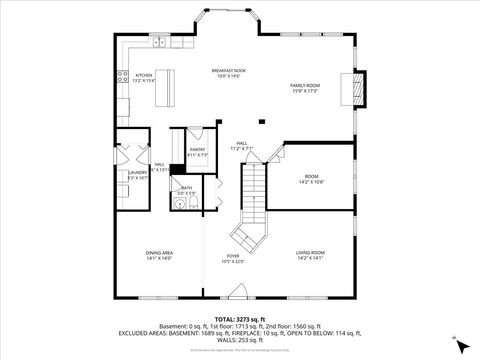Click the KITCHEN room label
[x=144, y=77]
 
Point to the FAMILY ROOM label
[x=304, y=89]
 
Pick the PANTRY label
[x=197, y=152]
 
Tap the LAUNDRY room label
[x=137, y=175]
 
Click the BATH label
[x=186, y=188]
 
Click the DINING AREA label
[x=160, y=255]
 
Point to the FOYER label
[x=232, y=258]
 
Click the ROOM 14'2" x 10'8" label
[x=311, y=179]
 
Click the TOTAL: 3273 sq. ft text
[x=239, y=318]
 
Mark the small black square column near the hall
[x=261, y=122]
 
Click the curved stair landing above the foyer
[x=246, y=237]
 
